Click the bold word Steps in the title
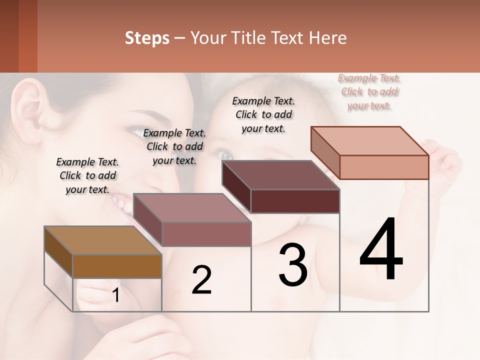pos(147,38)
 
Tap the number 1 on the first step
pos(116,295)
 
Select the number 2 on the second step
pos(201,280)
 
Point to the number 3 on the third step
pos(292,265)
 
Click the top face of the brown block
pos(102,240)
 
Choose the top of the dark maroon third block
pos(280,175)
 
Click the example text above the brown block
pos(88,175)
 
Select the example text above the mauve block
pos(174,146)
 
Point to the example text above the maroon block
pos(263,114)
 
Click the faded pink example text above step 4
pos(369,91)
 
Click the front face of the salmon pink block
pos(384,167)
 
